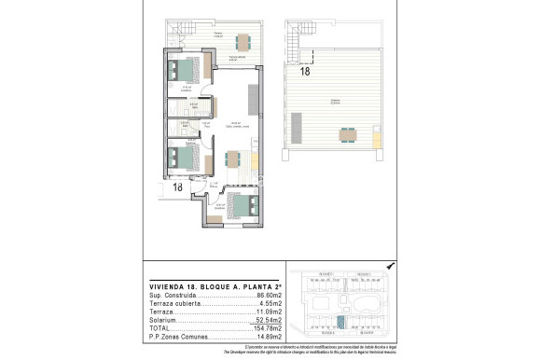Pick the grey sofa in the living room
tap(253, 97)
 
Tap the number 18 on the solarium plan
tap(305, 70)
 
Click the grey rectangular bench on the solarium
tap(298, 124)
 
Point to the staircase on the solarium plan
tap(299, 42)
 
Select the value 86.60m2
tap(269, 296)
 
